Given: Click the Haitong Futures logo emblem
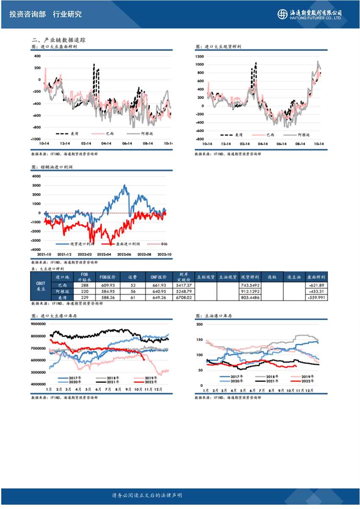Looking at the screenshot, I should tap(282, 14).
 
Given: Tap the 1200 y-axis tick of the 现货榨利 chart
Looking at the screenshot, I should tap(200, 56).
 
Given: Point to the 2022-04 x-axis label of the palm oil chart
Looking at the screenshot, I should tap(104, 254).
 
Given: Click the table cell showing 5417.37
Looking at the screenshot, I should tap(183, 285).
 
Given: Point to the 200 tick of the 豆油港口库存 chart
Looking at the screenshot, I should tap(200, 324).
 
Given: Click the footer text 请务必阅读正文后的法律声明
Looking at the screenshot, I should tap(147, 495).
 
